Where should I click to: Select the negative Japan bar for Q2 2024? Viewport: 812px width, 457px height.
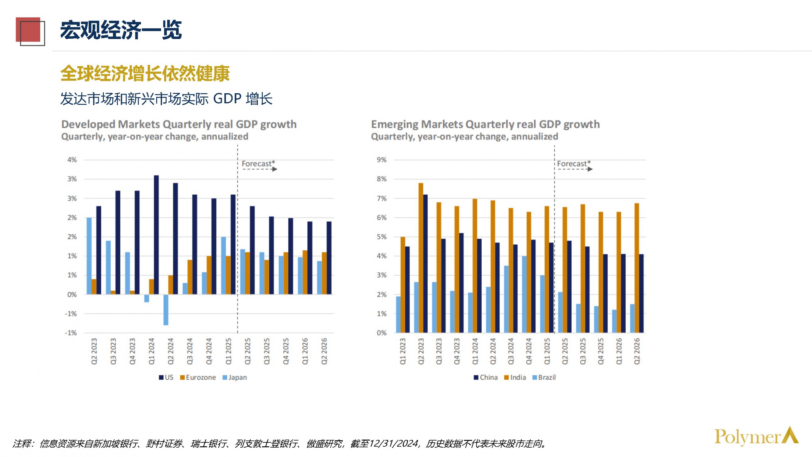166,309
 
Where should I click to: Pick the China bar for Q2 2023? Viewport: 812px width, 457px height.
425,263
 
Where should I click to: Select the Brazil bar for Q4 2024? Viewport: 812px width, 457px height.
524,294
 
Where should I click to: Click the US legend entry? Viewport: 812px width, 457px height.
166,377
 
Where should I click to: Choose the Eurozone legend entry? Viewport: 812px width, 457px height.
198,377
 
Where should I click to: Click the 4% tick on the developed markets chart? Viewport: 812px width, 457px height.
72,160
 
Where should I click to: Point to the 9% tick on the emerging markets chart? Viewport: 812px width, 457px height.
382,160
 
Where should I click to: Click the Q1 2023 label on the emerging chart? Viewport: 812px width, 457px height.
403,351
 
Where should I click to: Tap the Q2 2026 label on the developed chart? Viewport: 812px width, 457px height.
324,351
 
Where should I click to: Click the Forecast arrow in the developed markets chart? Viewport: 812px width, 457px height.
260,169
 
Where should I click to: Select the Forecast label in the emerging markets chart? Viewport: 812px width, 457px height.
574,163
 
